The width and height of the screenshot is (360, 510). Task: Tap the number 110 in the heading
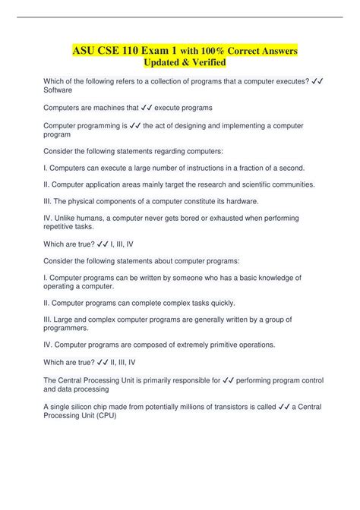click(135, 51)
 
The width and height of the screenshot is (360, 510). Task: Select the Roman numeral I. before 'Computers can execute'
click(46, 167)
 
